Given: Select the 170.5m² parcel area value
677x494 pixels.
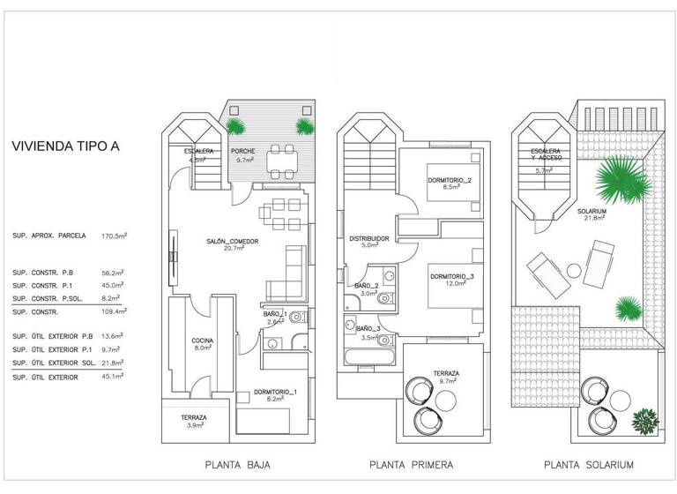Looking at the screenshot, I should point(115,236).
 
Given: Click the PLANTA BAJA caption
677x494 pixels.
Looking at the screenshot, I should point(237,465).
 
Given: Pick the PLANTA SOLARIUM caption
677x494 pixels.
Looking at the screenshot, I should point(590,465).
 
